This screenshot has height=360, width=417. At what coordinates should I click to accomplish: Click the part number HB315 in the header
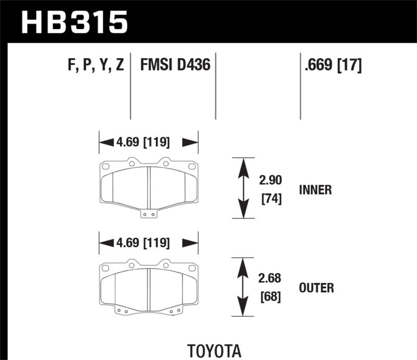tap(73, 22)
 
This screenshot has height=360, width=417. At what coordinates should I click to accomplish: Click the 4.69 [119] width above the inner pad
tap(149, 141)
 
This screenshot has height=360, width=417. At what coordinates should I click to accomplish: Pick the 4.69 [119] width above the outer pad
tap(149, 242)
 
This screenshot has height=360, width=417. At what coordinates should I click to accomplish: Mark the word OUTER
tap(317, 288)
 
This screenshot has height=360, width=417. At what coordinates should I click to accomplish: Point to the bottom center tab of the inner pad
tap(149, 213)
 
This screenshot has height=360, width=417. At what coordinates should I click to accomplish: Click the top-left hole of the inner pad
tap(105, 167)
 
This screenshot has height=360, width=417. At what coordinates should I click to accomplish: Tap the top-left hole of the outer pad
tap(105, 268)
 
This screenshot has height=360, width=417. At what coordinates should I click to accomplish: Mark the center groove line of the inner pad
tap(149, 188)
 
